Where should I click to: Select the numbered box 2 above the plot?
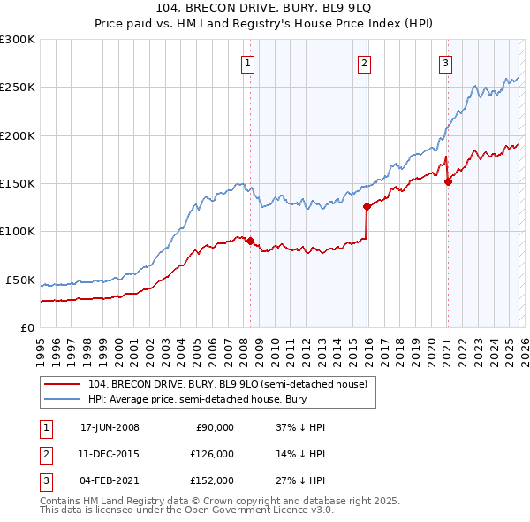tap(364, 63)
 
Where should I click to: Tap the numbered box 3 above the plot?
tap(446, 63)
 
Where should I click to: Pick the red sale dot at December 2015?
tap(367, 206)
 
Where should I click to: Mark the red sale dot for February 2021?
tap(448, 181)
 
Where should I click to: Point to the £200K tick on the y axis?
tap(18, 135)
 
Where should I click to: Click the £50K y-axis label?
tap(21, 280)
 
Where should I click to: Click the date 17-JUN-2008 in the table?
tap(110, 427)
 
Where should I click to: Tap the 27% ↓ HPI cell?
tap(300, 480)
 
